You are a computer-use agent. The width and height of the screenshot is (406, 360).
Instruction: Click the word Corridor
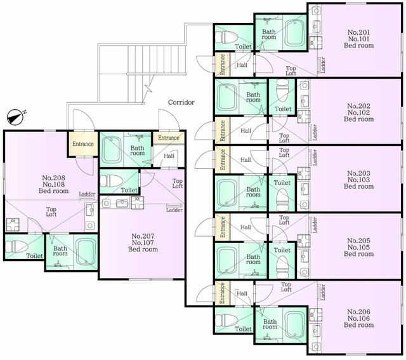pos(181,102)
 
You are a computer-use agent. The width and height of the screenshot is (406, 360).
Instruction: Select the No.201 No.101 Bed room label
pos(358,39)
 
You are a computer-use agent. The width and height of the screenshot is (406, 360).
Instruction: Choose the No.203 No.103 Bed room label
pos(358,180)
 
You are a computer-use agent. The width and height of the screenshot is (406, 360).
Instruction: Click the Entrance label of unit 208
pos(83,144)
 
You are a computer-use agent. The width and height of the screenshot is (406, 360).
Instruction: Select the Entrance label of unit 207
pos(169,138)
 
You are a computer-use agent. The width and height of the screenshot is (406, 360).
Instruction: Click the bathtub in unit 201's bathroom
pos(293,33)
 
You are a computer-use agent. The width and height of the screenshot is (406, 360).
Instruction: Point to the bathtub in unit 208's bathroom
pos(85,251)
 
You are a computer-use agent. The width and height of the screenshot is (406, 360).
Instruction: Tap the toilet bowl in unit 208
pos(15,246)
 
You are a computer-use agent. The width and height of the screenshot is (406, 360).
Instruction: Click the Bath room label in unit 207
pos(137,151)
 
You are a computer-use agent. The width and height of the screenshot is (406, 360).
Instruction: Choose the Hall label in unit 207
pos(169,156)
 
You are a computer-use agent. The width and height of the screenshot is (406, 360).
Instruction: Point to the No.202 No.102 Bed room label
pos(358,112)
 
